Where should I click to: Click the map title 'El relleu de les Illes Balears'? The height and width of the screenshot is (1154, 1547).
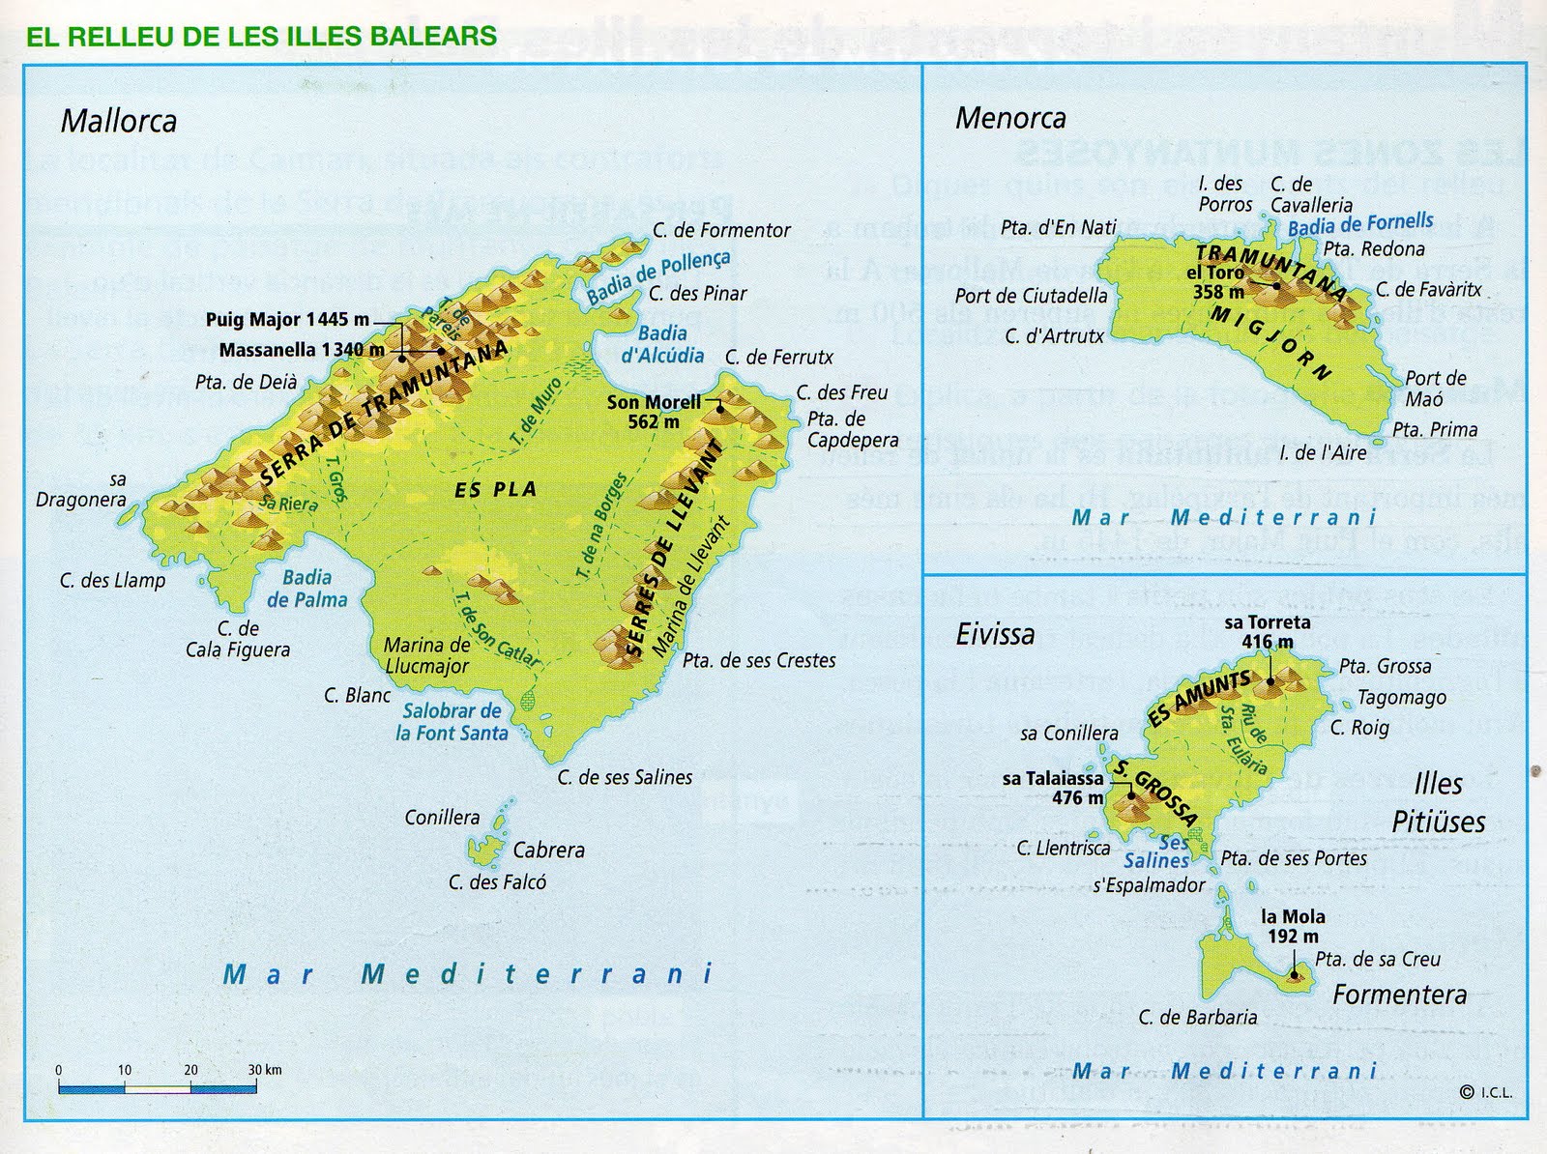pyautogui.click(x=261, y=38)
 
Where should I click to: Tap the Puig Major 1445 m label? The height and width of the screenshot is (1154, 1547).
pyautogui.click(x=287, y=320)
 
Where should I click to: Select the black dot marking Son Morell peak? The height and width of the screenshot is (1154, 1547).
pyautogui.click(x=719, y=409)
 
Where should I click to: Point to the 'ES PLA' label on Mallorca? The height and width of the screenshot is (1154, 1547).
pyautogui.click(x=495, y=490)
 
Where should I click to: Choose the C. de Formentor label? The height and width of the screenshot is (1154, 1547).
pyautogui.click(x=721, y=230)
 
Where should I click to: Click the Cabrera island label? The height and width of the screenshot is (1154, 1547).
pyautogui.click(x=548, y=851)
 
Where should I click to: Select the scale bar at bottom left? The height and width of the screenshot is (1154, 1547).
pyautogui.click(x=157, y=1088)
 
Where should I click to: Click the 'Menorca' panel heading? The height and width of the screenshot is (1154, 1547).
pyautogui.click(x=1010, y=119)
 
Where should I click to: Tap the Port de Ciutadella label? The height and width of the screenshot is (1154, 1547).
pyautogui.click(x=1031, y=296)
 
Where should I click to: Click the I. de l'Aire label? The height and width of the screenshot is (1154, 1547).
pyautogui.click(x=1322, y=452)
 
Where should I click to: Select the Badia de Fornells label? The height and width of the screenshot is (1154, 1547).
pyautogui.click(x=1360, y=224)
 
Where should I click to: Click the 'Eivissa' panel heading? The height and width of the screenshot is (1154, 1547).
pyautogui.click(x=995, y=635)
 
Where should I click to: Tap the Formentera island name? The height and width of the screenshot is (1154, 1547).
pyautogui.click(x=1399, y=995)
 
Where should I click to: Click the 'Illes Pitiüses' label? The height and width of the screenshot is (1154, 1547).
pyautogui.click(x=1438, y=802)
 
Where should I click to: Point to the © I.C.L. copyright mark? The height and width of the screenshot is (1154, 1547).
pyautogui.click(x=1486, y=1093)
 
